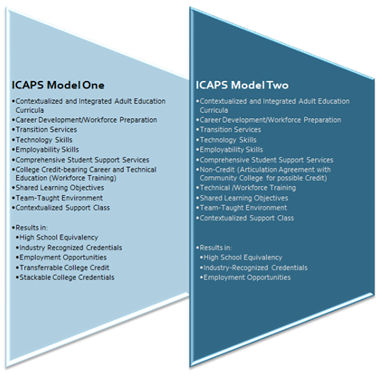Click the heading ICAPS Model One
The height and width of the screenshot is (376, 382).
pos(58,85)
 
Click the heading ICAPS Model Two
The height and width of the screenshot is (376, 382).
pos(242,85)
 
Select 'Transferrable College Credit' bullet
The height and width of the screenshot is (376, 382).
pos(64,268)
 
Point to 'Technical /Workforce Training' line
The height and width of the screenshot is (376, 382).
pos(248,188)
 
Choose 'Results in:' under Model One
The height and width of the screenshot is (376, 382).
pos(31,228)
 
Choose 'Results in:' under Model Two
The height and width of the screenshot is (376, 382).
pos(216,248)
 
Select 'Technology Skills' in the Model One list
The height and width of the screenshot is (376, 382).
pos(44,140)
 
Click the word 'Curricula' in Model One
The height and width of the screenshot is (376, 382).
pos(30,110)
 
